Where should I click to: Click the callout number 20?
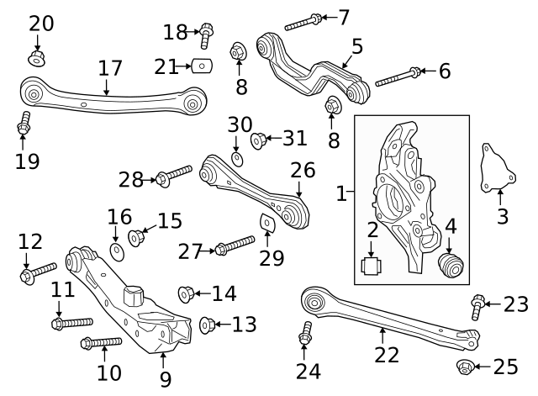click(40, 24)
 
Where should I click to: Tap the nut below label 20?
click(37, 58)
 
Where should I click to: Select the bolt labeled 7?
click(303, 22)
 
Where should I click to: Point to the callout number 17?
click(110, 68)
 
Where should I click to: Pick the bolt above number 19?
click(24, 124)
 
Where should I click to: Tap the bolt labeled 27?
click(235, 246)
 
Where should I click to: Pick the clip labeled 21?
click(200, 66)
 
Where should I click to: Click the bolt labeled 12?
click(38, 272)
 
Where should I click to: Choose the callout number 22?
click(387, 355)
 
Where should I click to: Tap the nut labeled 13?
click(208, 324)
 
